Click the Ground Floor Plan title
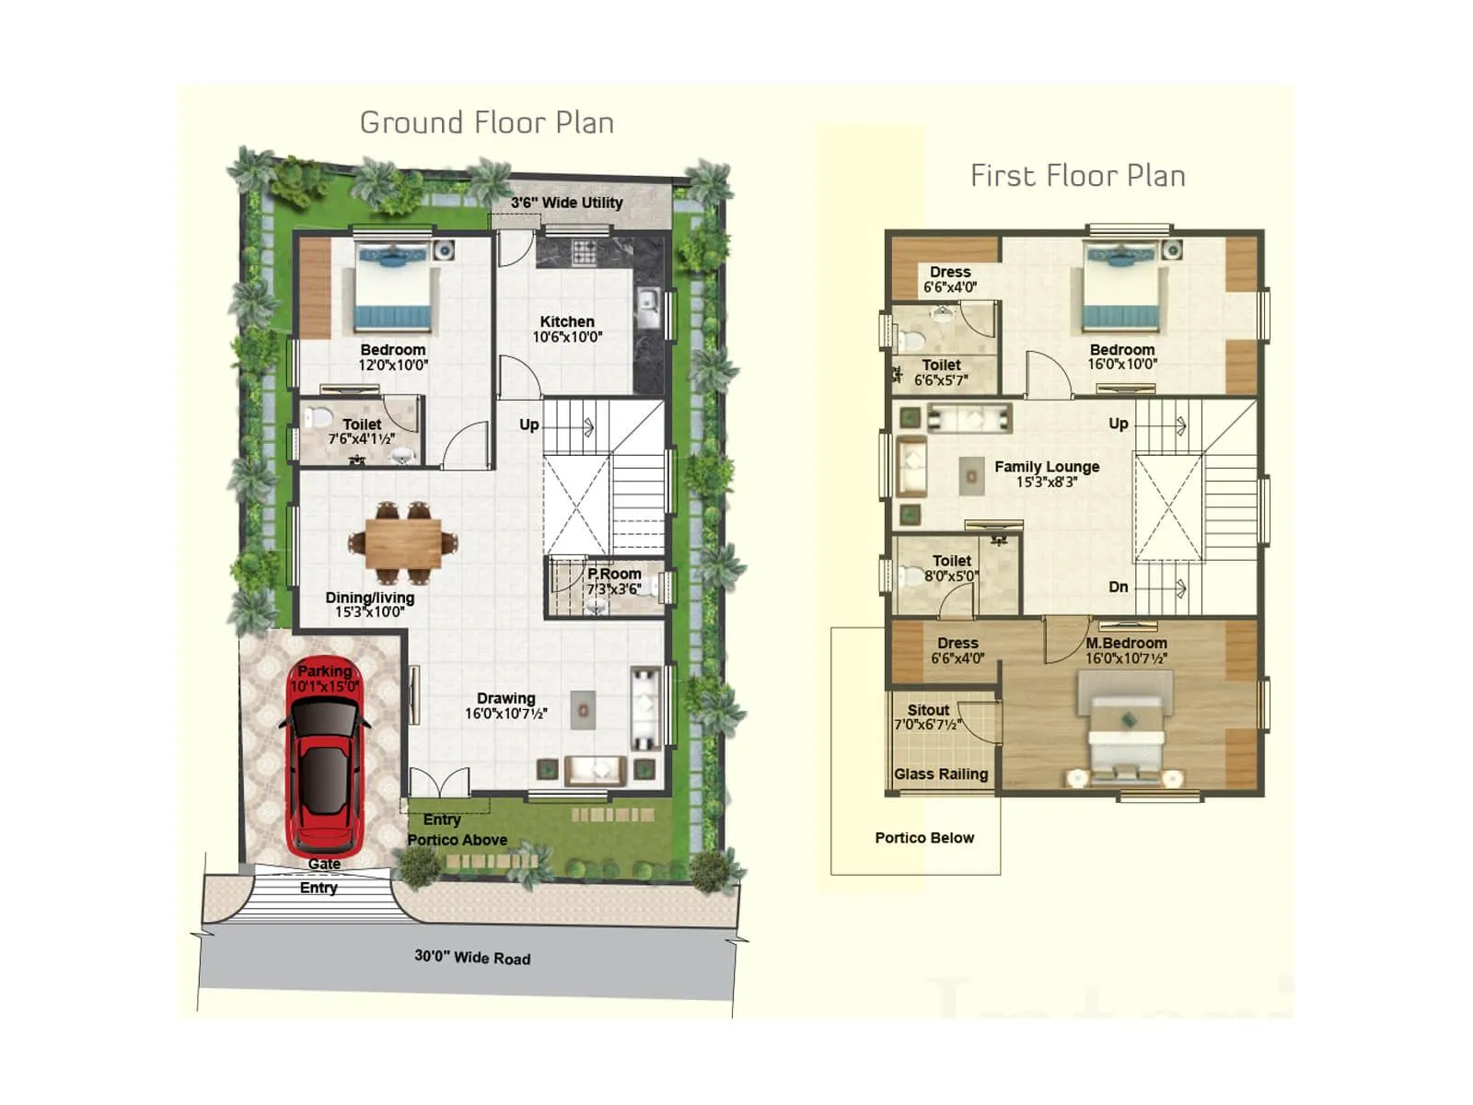[486, 122]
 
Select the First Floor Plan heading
[1077, 176]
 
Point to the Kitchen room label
[567, 321]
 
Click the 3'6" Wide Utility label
[566, 203]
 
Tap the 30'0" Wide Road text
[472, 957]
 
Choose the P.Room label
[614, 574]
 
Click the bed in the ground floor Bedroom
[393, 288]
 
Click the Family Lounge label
[1047, 467]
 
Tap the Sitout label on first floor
[928, 710]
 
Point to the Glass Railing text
[941, 774]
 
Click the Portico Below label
[924, 838]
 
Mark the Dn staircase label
[1119, 587]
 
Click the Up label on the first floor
[1119, 424]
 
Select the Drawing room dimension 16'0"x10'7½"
[505, 714]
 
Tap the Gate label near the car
[324, 864]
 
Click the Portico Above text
[458, 840]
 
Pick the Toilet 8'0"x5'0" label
[952, 568]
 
